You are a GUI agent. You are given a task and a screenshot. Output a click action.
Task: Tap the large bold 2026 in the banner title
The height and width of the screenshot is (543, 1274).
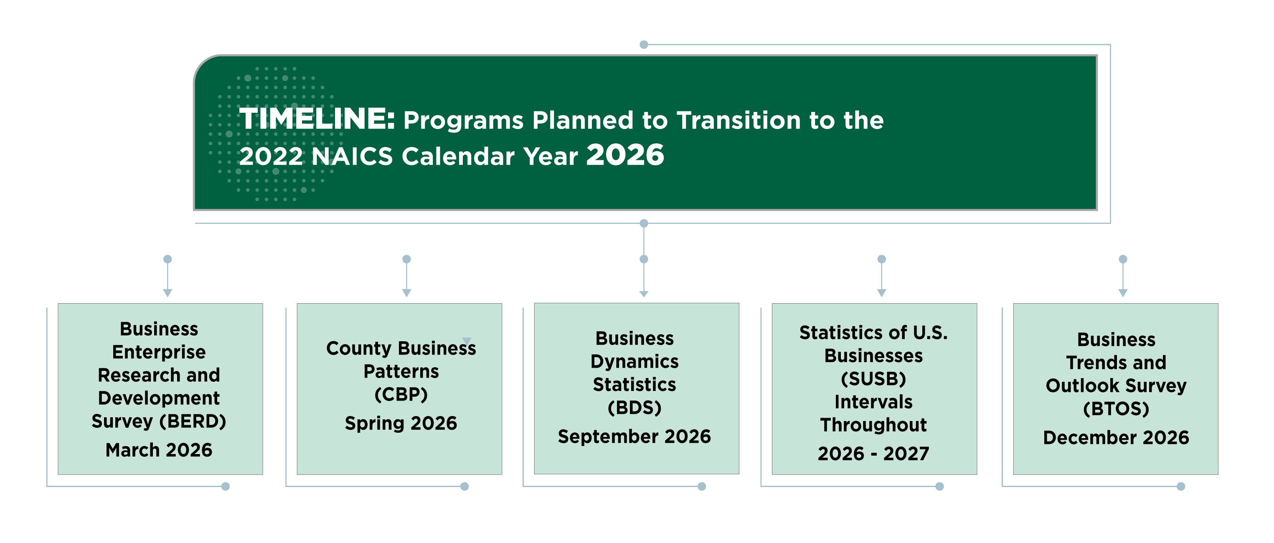pyautogui.click(x=625, y=155)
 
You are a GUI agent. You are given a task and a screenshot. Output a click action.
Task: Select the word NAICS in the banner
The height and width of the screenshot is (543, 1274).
pyautogui.click(x=352, y=156)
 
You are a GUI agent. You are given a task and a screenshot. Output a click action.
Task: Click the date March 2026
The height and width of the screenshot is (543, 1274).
pyautogui.click(x=159, y=450)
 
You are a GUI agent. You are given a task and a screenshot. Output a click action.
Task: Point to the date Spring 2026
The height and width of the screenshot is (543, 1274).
pyautogui.click(x=401, y=423)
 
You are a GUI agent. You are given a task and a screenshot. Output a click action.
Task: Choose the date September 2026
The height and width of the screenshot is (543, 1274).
pyautogui.click(x=634, y=436)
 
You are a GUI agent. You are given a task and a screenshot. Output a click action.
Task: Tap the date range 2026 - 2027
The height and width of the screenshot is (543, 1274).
pyautogui.click(x=873, y=454)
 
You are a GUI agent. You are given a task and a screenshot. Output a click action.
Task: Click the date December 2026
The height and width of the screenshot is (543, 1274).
pyautogui.click(x=1116, y=437)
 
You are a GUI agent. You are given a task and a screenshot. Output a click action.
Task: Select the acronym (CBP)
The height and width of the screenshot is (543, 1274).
pyautogui.click(x=401, y=394)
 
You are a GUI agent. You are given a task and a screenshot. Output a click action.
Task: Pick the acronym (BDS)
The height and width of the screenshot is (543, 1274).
pyautogui.click(x=634, y=408)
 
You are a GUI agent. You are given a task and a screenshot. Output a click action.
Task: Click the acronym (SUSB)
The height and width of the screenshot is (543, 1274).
pyautogui.click(x=873, y=379)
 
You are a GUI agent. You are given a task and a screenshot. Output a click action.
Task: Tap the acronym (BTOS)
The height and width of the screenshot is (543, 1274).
pyautogui.click(x=1116, y=409)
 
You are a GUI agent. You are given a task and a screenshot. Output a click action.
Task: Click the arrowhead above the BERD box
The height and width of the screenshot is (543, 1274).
pyautogui.click(x=167, y=293)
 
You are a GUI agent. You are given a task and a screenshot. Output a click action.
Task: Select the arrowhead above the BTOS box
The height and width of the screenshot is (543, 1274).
pyautogui.click(x=1123, y=293)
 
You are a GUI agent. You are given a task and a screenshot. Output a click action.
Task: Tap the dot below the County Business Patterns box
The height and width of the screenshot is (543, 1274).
pyautogui.click(x=464, y=486)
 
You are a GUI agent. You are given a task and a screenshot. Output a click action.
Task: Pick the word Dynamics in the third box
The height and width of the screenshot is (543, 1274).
pyautogui.click(x=634, y=361)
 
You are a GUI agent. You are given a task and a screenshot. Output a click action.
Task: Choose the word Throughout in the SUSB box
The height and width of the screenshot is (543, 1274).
pyautogui.click(x=873, y=425)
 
